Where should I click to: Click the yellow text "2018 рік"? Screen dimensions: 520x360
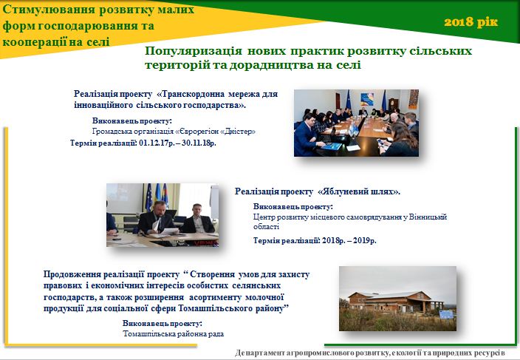[471, 22]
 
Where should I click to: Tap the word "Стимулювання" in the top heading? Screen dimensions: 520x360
[49, 10]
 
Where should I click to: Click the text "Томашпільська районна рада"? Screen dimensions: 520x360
[173, 334]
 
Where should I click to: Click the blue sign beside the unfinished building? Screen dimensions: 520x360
[446, 315]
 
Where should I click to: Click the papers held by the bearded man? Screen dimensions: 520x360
[165, 230]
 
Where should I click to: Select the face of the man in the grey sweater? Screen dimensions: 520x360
[197, 210]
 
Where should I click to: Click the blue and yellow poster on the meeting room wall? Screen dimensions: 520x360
[367, 99]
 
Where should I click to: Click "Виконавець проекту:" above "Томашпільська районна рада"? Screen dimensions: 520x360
[162, 324]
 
